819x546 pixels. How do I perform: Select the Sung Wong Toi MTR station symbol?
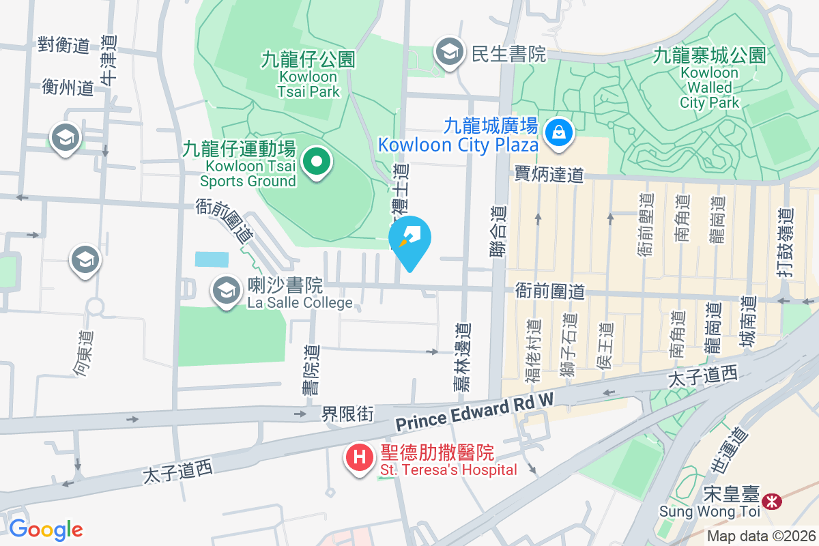pyautogui.click(x=773, y=502)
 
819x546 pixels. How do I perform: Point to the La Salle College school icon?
pyautogui.click(x=225, y=291)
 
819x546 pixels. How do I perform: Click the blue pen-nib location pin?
pyautogui.click(x=409, y=239)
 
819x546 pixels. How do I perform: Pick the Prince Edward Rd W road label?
pyautogui.click(x=474, y=412)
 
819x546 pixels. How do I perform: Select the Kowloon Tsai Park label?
pyautogui.click(x=308, y=75)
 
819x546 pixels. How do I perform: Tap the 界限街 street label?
pyautogui.click(x=348, y=414)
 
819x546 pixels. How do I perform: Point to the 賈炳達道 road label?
pyautogui.click(x=549, y=175)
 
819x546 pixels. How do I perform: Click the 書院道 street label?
pyautogui.click(x=311, y=369)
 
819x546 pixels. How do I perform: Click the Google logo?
pyautogui.click(x=46, y=530)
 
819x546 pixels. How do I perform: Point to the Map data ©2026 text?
pyautogui.click(x=761, y=536)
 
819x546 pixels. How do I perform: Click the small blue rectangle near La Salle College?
pyautogui.click(x=212, y=259)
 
